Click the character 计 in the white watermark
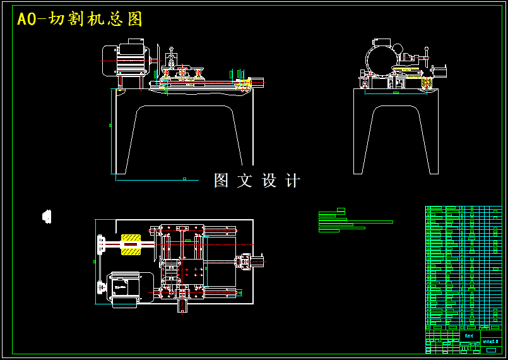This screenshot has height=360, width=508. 293,181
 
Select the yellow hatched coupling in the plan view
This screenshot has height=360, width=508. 131,245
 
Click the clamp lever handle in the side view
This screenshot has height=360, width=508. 427,56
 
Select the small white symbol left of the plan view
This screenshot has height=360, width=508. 46,217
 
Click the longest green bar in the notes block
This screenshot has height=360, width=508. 356,222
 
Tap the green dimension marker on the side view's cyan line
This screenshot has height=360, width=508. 395,93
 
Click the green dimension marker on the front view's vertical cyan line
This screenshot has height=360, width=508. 110,126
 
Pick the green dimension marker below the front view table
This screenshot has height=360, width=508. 184,179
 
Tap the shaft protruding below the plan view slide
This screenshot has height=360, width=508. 182,307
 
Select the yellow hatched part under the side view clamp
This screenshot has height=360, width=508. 403,71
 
